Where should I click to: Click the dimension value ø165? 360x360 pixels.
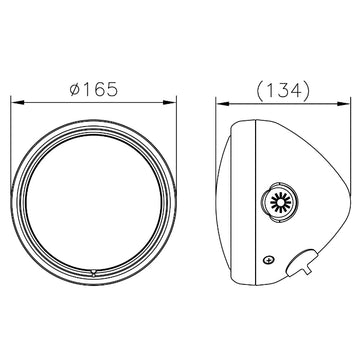pos(94,89)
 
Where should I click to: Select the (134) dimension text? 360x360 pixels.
pos(283,90)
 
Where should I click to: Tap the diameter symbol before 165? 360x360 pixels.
pos(75,90)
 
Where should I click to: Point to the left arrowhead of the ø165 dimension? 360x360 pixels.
pos(18,102)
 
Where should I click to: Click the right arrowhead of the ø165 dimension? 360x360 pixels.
pos(169,102)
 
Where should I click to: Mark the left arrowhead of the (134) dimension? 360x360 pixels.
pos(223,104)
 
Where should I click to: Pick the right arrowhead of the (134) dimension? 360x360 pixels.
pos(343,104)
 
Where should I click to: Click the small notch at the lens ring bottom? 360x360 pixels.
pos(94,273)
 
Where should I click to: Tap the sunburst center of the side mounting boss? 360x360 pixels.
pos(280,202)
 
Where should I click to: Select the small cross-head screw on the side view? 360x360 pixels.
pos(269,260)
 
